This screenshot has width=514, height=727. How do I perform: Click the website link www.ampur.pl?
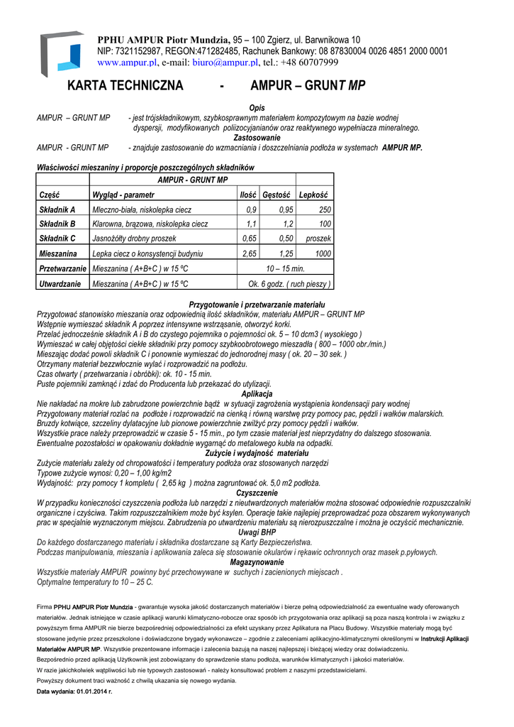pyautogui.click(x=126, y=62)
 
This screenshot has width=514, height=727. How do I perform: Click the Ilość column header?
pyautogui.click(x=247, y=195)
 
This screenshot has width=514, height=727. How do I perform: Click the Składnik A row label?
pyautogui.click(x=58, y=209)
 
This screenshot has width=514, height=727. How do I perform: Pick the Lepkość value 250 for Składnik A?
pyautogui.click(x=325, y=209)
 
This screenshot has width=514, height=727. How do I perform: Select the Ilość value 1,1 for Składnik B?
pyautogui.click(x=251, y=224)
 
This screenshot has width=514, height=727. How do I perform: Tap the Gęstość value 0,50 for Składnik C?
pyautogui.click(x=286, y=239)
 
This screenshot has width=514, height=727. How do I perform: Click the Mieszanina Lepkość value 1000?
pyautogui.click(x=323, y=253)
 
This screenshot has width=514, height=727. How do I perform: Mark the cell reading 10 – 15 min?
pyautogui.click(x=285, y=269)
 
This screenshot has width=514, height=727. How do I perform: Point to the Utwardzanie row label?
pyautogui.click(x=60, y=284)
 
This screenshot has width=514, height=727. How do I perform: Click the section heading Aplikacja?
pyautogui.click(x=257, y=393)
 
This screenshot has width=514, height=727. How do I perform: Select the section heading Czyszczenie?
pyautogui.click(x=257, y=493)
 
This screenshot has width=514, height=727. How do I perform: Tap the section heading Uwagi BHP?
pyautogui.click(x=257, y=532)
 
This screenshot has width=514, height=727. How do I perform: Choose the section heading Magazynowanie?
pyautogui.click(x=257, y=562)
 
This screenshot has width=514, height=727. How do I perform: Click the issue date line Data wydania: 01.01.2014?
pyautogui.click(x=74, y=690)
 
